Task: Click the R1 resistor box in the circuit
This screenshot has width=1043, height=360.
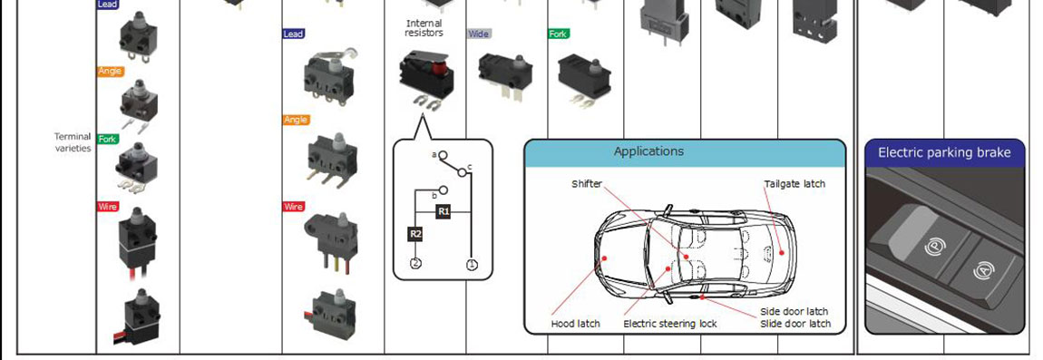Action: point(444,211)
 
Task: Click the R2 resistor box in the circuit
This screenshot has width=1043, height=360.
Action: point(415,234)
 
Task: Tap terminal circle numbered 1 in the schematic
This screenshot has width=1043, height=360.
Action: point(473,264)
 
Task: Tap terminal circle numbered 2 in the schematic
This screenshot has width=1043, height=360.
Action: point(415,264)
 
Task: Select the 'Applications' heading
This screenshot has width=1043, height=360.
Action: point(648,151)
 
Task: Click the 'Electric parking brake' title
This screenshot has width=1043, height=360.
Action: point(944,152)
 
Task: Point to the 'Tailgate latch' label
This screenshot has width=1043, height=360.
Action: point(794,184)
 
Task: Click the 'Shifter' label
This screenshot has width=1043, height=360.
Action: point(587,183)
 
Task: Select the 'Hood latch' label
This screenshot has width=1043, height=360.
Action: point(575,324)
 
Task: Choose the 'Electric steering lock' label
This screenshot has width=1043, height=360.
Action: point(670,324)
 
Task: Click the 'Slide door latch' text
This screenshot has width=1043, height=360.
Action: point(795,324)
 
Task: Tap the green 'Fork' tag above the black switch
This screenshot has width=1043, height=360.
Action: point(559,34)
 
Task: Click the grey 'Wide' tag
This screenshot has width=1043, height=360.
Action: point(480,34)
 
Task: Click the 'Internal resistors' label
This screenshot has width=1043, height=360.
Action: point(424,28)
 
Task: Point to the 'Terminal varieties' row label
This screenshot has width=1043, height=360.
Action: point(73,142)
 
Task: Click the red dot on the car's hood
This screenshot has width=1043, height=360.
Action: point(605,257)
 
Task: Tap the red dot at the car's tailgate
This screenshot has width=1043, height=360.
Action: point(782,252)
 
